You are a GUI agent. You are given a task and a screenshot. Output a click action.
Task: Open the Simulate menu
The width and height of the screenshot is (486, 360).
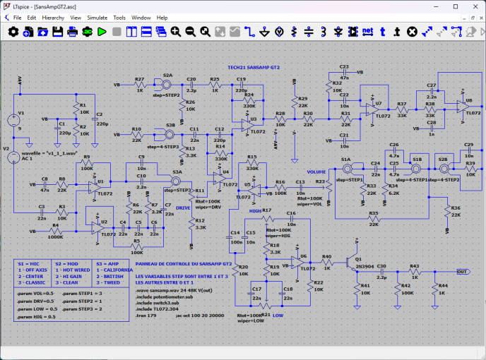[x=97, y=17]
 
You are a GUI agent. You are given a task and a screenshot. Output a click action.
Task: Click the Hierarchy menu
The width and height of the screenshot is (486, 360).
[x=53, y=17]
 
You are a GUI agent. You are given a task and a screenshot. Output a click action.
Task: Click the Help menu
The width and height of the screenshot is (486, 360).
[x=162, y=17]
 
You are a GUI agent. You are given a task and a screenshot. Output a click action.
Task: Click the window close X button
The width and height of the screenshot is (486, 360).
[x=476, y=5]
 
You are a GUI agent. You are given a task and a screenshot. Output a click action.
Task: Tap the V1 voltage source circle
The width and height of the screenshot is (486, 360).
[x=13, y=121]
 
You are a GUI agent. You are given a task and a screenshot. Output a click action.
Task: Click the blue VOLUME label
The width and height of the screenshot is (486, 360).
[x=316, y=172]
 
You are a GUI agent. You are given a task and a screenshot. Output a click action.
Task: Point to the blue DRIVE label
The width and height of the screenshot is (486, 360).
[x=183, y=208]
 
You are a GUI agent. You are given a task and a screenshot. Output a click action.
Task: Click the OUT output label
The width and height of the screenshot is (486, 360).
[x=463, y=272]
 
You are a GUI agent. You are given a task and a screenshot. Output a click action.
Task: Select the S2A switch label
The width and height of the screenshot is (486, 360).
[x=167, y=75]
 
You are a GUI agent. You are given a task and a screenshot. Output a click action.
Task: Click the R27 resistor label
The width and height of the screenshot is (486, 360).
[x=139, y=79]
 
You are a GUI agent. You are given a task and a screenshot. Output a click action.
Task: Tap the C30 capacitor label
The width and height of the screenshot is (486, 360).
[x=381, y=266]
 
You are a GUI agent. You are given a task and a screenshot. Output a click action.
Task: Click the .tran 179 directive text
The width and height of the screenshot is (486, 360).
[x=147, y=314]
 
